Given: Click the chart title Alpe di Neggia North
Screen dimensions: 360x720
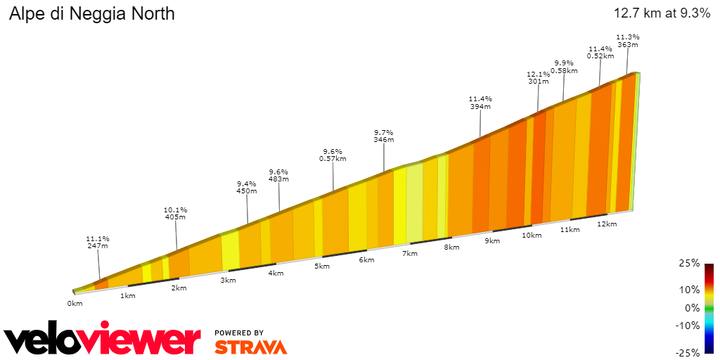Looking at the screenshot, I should point(91,13).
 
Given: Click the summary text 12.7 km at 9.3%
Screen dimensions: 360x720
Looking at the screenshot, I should point(662,13).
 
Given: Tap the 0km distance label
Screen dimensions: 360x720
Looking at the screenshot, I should point(75,303).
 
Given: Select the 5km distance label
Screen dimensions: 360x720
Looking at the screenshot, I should point(322,266).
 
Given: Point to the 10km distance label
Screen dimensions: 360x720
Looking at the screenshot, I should point(532,236).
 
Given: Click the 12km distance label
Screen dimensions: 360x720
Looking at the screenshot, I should point(607,224).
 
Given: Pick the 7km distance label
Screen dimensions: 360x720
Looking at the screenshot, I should point(410,253).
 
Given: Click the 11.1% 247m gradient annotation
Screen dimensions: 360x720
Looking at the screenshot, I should point(98,242).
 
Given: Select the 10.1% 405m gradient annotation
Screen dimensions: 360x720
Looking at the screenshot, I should point(175,214).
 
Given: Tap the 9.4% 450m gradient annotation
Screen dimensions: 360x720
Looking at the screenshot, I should point(247,187).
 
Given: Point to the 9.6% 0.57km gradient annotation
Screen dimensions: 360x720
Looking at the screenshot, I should point(333,155).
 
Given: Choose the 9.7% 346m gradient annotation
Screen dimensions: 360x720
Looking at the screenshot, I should point(383,136).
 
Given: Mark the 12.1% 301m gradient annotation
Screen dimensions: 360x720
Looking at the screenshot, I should point(538,77).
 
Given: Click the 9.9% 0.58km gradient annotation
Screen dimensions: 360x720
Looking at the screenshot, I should point(564,67).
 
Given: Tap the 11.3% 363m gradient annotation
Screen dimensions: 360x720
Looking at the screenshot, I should point(628,41).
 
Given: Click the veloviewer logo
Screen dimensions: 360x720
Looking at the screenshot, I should point(103,340).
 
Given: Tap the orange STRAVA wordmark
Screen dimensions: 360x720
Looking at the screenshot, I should point(250,347).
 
